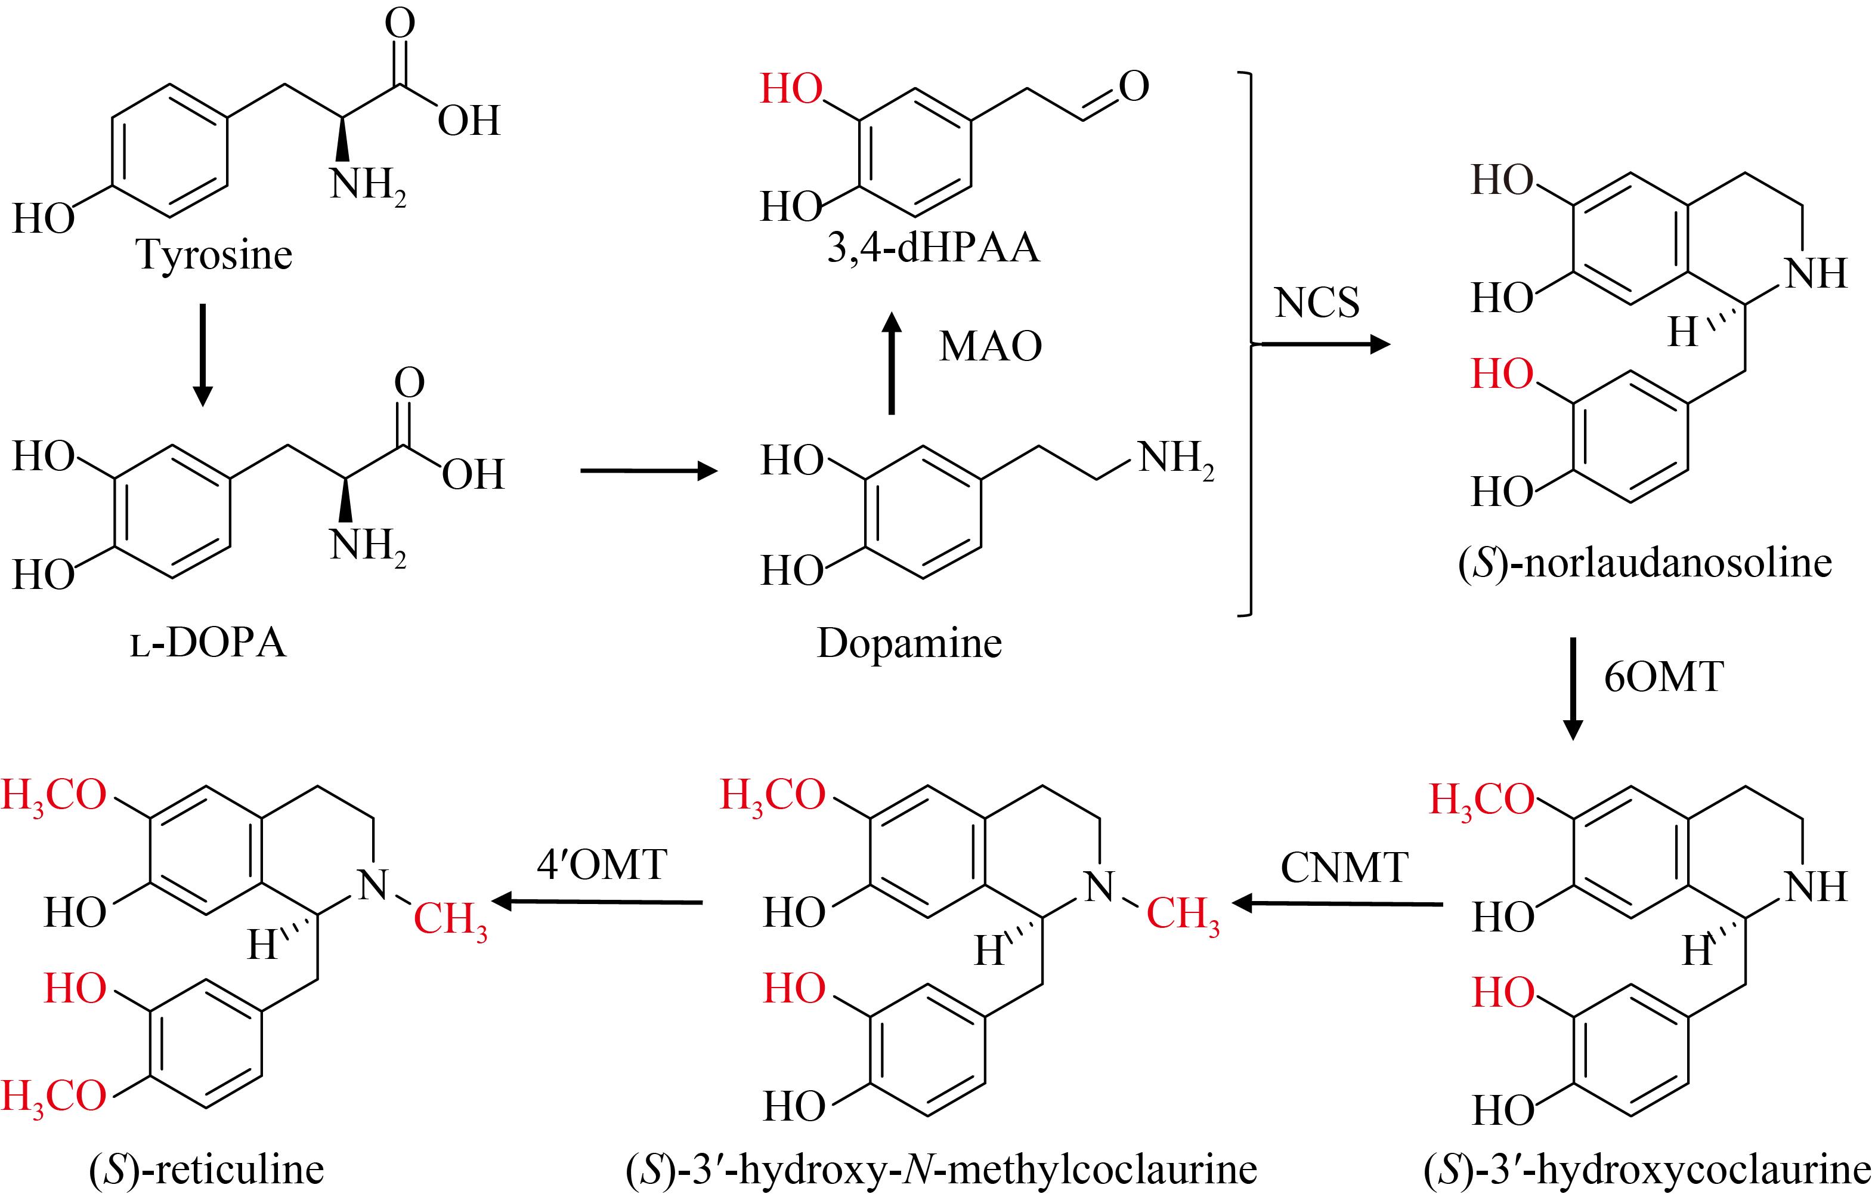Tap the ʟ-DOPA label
[x=208, y=643]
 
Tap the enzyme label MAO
[x=991, y=347]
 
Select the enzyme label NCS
[x=1317, y=303]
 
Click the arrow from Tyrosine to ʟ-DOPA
[x=202, y=356]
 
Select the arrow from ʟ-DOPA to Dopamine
[x=649, y=471]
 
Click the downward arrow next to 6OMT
[x=1573, y=689]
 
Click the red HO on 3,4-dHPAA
[x=791, y=89]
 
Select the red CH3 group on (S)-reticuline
[x=451, y=920]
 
